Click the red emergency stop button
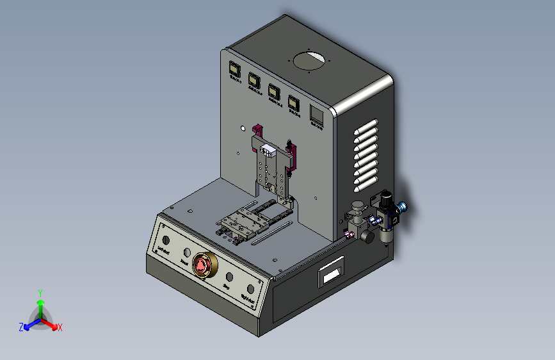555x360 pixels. pos(202,265)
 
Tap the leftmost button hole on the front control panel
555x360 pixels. pos(166,240)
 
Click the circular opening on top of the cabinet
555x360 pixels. pos(309,62)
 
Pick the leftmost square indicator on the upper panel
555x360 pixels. pos(234,69)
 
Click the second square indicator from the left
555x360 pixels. pos(253,80)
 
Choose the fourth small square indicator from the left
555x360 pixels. pos(294,102)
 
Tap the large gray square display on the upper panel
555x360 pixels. pos(316,113)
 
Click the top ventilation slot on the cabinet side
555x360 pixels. pos(369,124)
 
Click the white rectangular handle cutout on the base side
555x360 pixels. pos(331,274)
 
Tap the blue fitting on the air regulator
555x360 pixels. pos(403,207)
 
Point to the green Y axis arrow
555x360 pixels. pos(40,299)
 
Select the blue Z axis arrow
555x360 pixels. pos(27,326)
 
